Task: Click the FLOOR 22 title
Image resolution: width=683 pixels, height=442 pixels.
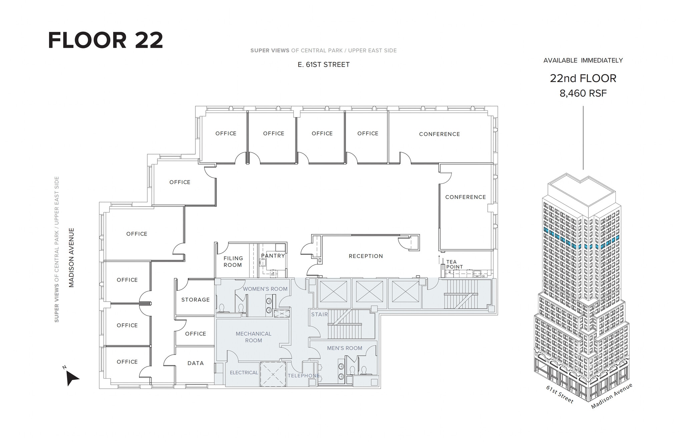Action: coord(105,40)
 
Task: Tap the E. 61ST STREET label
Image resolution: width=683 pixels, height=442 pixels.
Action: coord(323,65)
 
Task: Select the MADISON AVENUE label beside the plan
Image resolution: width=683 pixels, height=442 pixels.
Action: coord(71,258)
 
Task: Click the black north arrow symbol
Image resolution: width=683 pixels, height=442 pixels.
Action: coord(72,378)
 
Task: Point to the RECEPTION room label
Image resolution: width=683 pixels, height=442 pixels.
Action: coord(366,256)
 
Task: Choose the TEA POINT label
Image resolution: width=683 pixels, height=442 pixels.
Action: coord(454,264)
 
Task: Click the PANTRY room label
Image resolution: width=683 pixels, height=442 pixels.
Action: coord(273,256)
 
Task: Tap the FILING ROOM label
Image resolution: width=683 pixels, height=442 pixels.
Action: coord(233,262)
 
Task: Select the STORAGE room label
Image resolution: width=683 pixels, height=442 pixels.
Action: coord(195,300)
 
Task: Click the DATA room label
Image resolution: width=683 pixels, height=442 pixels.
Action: coord(195,363)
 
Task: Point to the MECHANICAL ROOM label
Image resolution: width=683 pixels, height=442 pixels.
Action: coord(253,337)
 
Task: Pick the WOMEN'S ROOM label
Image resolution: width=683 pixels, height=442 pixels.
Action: coord(265,289)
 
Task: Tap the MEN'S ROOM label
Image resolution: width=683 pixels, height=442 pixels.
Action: coord(344,348)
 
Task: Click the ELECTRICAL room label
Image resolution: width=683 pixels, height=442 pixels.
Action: coord(244,373)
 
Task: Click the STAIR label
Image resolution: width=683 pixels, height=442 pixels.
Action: coord(319,314)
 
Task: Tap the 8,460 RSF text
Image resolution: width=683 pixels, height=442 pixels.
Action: coord(583,93)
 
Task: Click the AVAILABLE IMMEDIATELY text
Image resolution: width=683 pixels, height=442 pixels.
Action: coord(583,60)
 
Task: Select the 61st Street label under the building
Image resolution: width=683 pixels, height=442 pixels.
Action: coord(560,394)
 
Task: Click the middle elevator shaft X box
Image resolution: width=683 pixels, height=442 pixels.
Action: coord(369,292)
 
